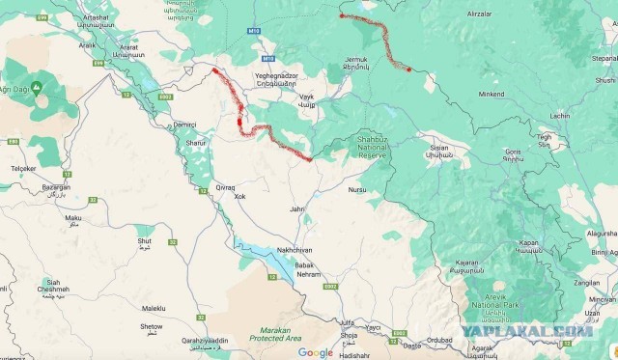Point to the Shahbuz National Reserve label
[372, 147]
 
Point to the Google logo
[315, 352]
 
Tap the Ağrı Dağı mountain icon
[36, 87]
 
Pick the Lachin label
[560, 117]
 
